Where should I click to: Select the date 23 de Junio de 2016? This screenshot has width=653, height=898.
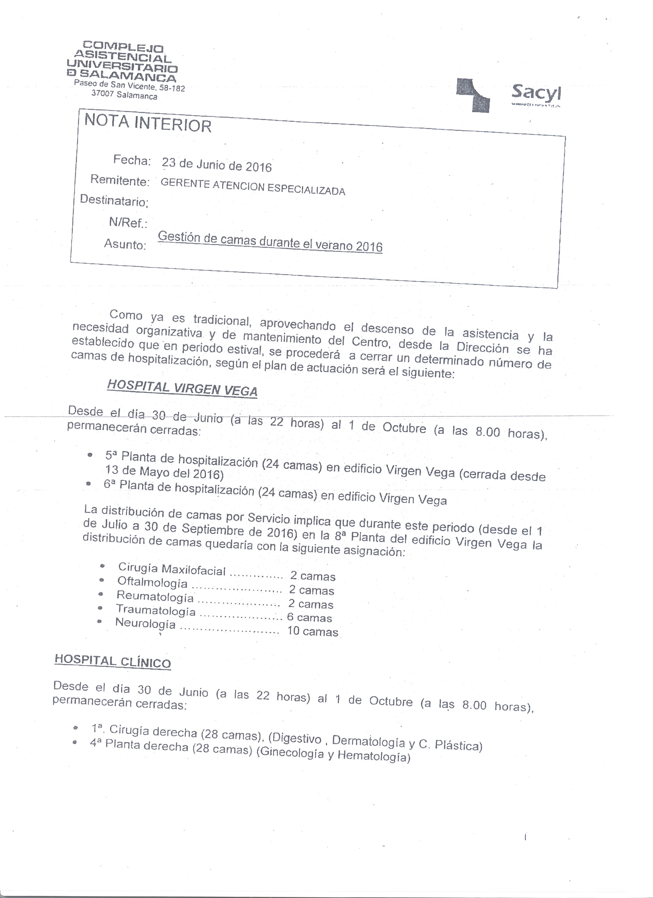tap(217, 165)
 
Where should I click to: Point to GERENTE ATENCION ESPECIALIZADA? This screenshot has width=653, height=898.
tap(253, 187)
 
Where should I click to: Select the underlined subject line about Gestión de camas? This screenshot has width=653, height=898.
tap(270, 242)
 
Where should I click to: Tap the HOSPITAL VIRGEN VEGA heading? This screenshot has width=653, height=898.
tap(182, 388)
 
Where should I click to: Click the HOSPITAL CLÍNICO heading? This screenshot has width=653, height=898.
tap(112, 661)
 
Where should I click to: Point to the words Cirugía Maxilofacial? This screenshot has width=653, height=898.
tap(172, 569)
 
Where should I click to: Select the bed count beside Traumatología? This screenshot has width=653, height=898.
tap(309, 617)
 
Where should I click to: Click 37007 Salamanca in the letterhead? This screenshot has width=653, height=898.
tap(124, 95)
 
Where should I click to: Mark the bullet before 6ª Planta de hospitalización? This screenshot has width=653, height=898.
tap(89, 484)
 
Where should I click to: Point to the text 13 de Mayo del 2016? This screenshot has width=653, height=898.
tap(164, 472)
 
